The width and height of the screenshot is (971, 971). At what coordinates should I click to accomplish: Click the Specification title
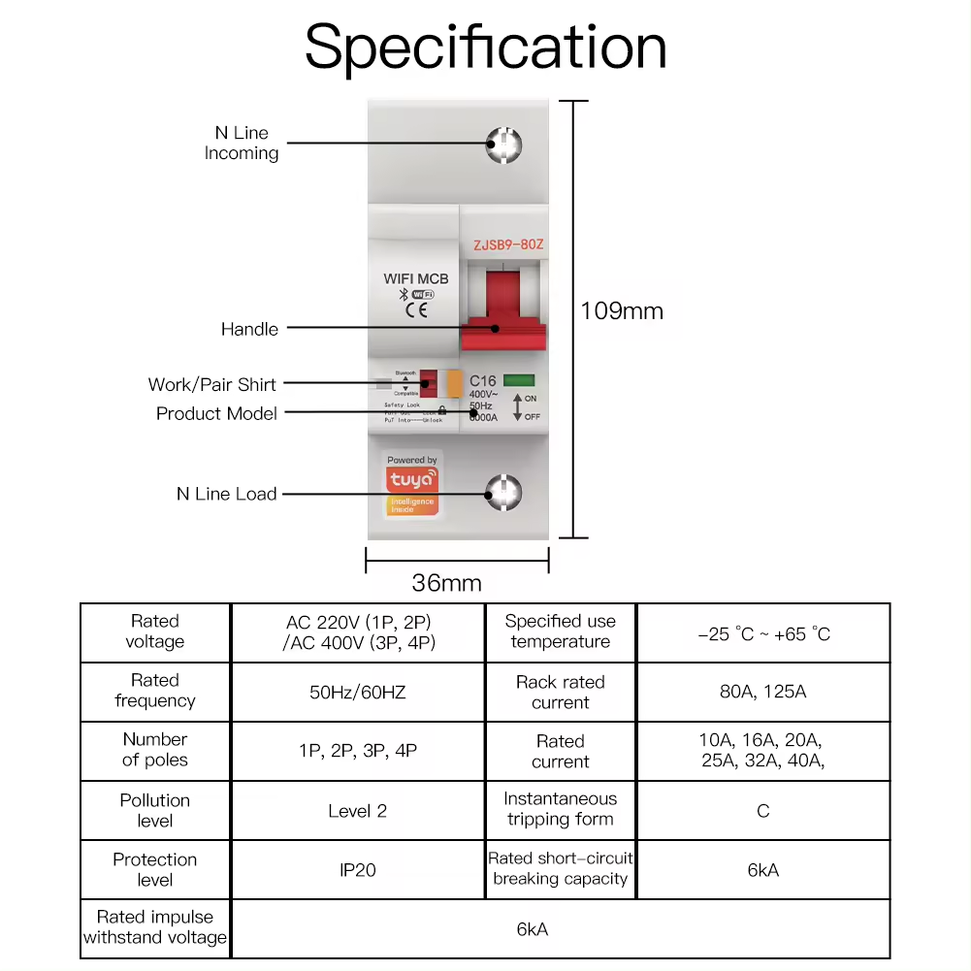click(485, 47)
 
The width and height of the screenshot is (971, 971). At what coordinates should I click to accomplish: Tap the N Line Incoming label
click(242, 143)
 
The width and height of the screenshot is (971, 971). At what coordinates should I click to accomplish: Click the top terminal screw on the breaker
click(503, 145)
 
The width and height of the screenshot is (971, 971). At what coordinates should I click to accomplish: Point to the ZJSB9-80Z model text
click(508, 245)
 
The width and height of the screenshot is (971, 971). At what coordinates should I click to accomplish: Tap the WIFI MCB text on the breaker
click(416, 278)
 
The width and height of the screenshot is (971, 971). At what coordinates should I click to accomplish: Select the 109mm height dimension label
click(622, 311)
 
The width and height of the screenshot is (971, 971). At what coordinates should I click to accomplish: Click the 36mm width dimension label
click(446, 583)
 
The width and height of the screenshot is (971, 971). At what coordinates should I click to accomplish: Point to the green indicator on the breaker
click(520, 381)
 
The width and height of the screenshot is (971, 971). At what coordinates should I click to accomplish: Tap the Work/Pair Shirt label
click(211, 384)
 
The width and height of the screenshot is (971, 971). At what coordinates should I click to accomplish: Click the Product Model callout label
click(216, 413)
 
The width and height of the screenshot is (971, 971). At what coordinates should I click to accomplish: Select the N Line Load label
click(226, 494)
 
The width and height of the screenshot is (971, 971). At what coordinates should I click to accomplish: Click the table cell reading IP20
click(358, 870)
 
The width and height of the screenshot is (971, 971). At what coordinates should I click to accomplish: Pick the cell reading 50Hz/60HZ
click(358, 692)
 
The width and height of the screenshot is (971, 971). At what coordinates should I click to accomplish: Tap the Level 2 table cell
click(358, 811)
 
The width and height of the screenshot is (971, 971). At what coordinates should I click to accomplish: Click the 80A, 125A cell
click(762, 692)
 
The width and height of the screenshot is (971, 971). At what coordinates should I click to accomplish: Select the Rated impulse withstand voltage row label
click(155, 927)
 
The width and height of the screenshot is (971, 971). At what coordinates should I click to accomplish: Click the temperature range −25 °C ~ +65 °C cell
click(762, 633)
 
